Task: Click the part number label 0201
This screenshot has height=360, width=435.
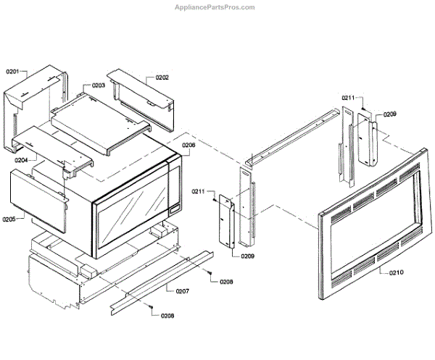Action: tap(15, 72)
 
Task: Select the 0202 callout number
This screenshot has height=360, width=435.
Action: tap(161, 77)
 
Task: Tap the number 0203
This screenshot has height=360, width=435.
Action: tap(99, 85)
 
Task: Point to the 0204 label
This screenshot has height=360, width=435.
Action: tap(20, 159)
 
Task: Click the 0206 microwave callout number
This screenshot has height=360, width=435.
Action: tap(188, 145)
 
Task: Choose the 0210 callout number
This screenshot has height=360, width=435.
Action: tap(396, 272)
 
